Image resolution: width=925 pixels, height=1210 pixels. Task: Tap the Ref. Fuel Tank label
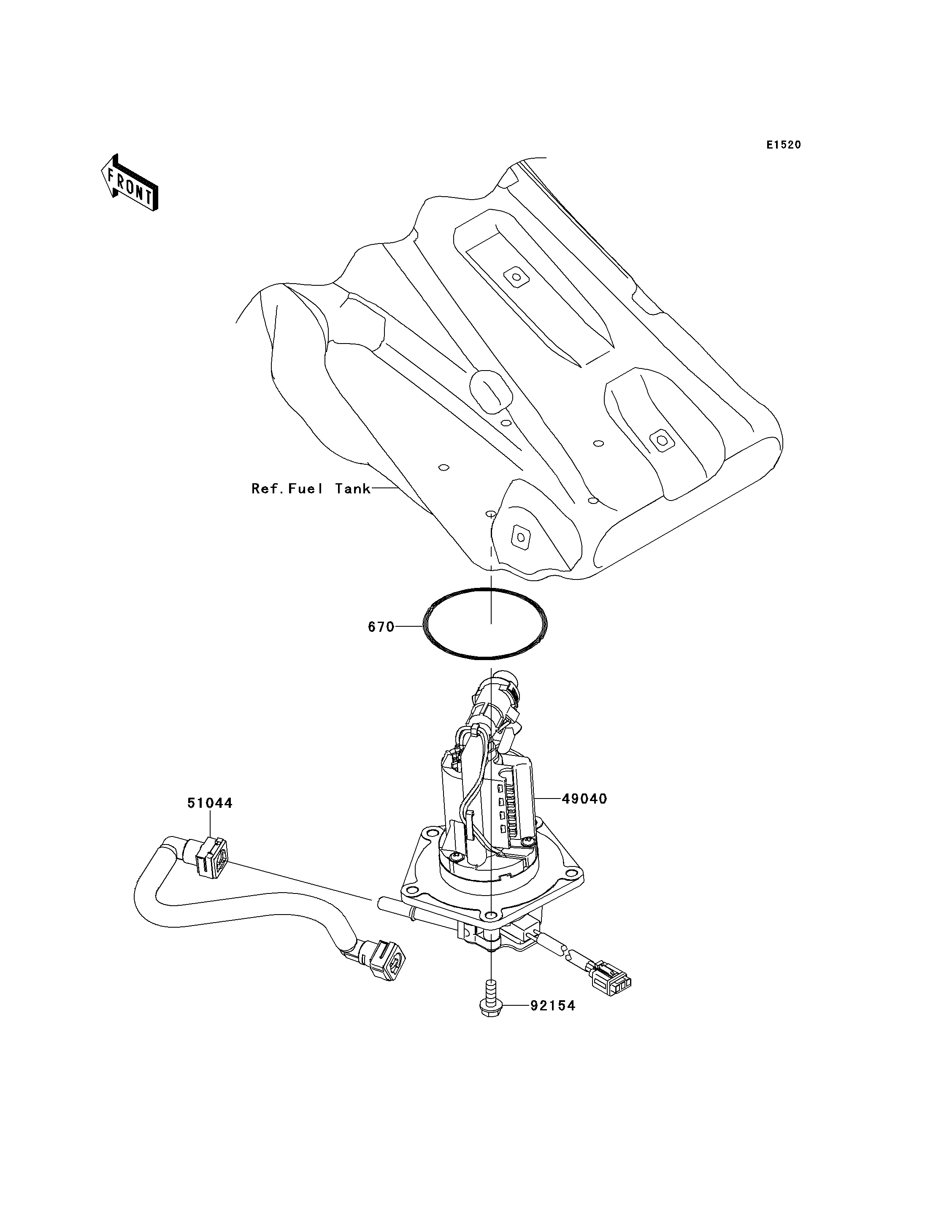311,489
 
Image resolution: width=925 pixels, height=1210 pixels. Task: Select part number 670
381,627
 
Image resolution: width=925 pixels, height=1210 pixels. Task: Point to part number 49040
584,799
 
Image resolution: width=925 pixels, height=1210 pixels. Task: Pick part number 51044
210,803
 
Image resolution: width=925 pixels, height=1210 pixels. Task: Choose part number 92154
553,1006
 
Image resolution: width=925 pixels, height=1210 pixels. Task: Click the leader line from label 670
408,626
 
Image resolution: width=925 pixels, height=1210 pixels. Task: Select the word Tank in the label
353,489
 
